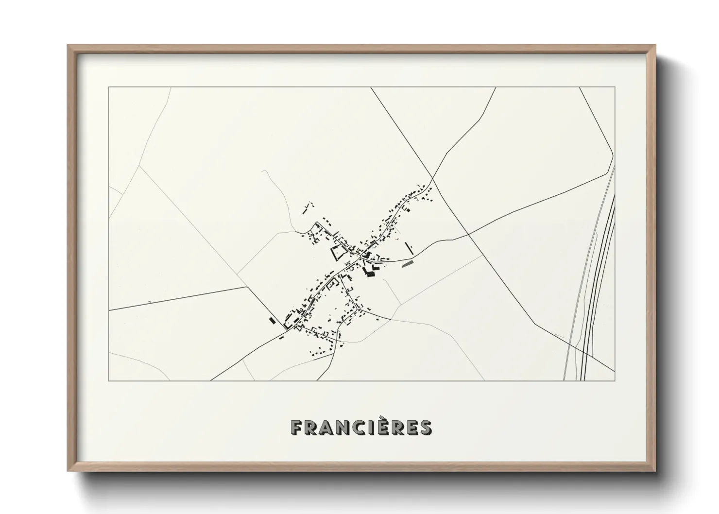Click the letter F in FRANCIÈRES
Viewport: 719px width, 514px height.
(x=296, y=428)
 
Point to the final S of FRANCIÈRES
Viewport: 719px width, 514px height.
(x=425, y=428)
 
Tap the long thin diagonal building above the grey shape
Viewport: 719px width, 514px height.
(x=410, y=248)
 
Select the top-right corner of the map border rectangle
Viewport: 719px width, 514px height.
(x=615, y=87)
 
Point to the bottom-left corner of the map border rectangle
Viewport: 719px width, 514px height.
(x=109, y=380)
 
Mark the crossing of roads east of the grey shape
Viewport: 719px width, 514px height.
(x=469, y=235)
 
